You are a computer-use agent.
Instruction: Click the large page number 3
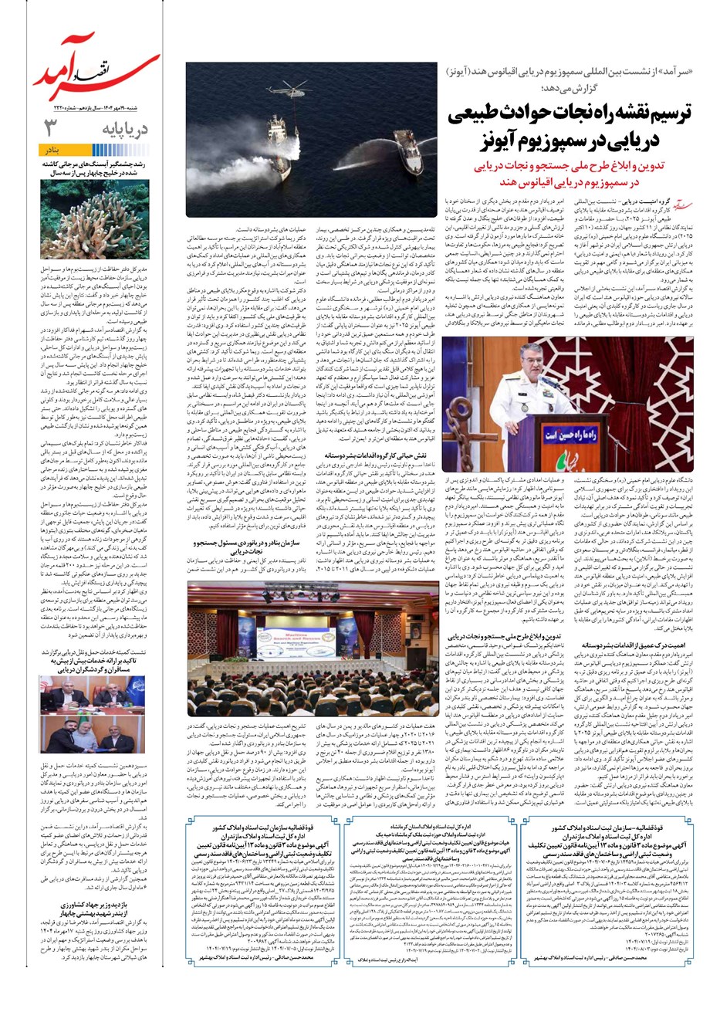pos(50,127)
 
